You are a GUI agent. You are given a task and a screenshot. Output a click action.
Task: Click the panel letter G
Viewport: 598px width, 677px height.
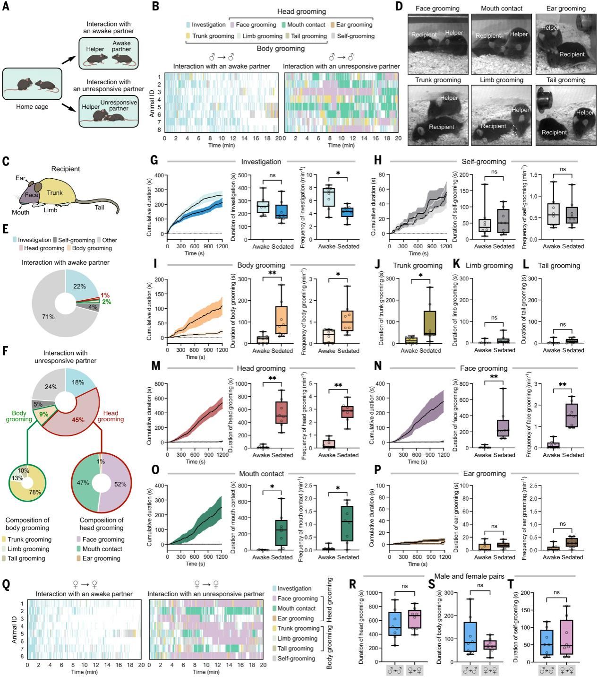154,160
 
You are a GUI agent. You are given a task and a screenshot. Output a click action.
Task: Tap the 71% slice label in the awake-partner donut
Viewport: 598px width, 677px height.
48,316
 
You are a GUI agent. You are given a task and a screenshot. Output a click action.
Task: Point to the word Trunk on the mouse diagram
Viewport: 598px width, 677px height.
55,192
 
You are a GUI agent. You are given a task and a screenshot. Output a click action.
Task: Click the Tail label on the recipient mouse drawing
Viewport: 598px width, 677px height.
99,207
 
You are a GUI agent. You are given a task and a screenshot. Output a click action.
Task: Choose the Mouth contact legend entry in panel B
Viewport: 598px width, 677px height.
302,25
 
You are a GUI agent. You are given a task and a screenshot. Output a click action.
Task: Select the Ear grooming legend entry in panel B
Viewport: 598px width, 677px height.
352,25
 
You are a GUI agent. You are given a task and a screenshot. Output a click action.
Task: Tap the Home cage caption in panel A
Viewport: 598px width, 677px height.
32,106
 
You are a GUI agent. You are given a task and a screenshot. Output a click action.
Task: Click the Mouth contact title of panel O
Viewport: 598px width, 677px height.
261,473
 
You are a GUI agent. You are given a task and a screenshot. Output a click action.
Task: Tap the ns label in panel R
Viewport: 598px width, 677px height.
404,586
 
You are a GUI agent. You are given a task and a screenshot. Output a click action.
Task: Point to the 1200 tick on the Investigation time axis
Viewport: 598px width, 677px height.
222,240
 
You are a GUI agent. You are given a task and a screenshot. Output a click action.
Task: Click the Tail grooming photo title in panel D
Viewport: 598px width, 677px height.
565,80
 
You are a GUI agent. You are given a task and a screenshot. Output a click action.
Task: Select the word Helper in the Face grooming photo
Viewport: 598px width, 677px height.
454,33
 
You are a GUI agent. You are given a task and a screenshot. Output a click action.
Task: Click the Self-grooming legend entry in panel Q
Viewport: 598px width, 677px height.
296,659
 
